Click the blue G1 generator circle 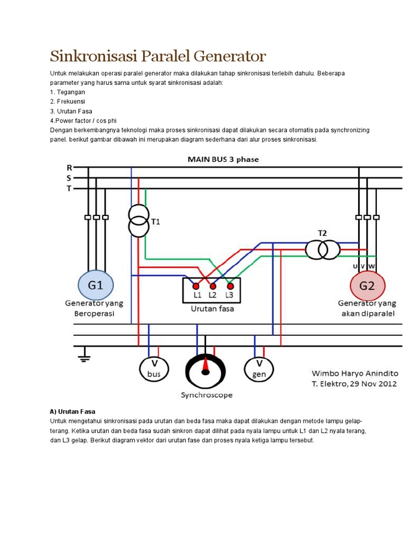(96, 285)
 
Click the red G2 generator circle (367, 285)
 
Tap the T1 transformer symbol (139, 220)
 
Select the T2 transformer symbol (323, 250)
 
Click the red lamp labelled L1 (195, 286)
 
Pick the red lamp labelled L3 (230, 286)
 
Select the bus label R (69, 167)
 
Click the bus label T (69, 189)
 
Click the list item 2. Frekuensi (68, 101)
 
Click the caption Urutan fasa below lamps (212, 308)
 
